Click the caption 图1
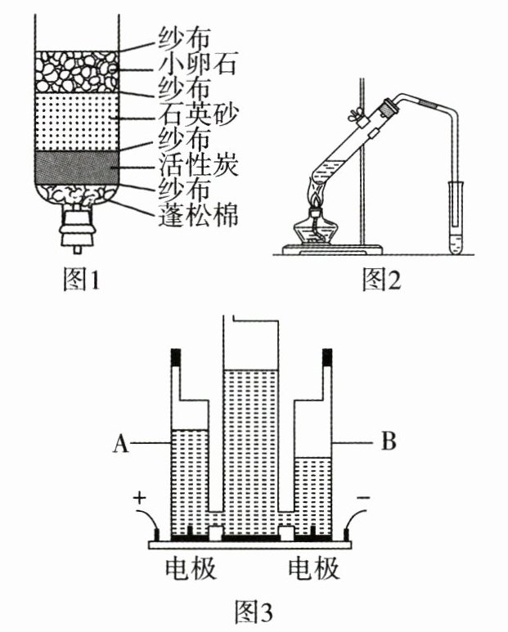tap(82, 280)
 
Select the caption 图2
tap(382, 280)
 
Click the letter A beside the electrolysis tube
tap(121, 443)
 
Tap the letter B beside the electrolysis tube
tap(389, 441)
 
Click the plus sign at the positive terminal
tap(140, 498)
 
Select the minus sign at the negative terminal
tap(363, 498)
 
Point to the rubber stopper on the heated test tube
tap(388, 107)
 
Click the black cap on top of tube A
tap(176, 357)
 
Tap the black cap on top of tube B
tap(327, 357)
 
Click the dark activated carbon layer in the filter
tap(77, 168)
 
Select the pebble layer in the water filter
tap(77, 72)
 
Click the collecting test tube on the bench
tap(456, 217)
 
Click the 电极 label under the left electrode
tap(191, 569)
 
